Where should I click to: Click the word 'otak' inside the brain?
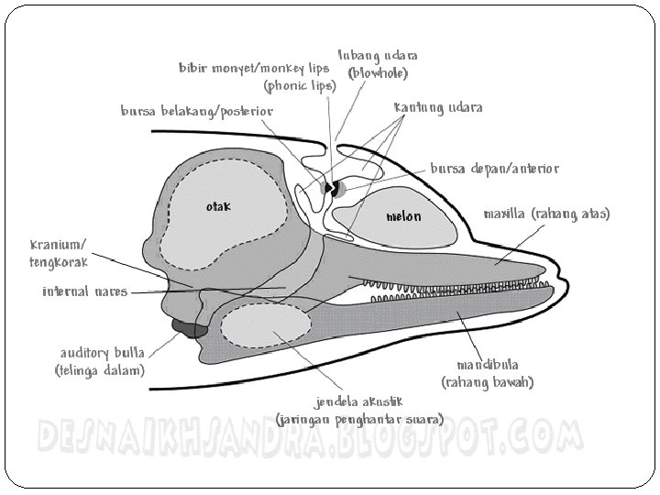[218, 206]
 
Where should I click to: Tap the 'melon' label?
[403, 217]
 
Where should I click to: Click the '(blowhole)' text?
[378, 72]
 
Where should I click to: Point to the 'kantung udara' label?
[437, 108]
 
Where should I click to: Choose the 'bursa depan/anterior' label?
[494, 169]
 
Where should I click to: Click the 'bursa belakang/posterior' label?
[196, 112]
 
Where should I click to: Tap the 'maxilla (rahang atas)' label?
[545, 214]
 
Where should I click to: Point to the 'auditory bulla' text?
[98, 353]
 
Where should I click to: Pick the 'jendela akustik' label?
[357, 402]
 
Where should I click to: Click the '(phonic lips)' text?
[300, 85]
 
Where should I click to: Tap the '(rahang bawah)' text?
[488, 381]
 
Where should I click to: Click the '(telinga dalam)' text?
[100, 370]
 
